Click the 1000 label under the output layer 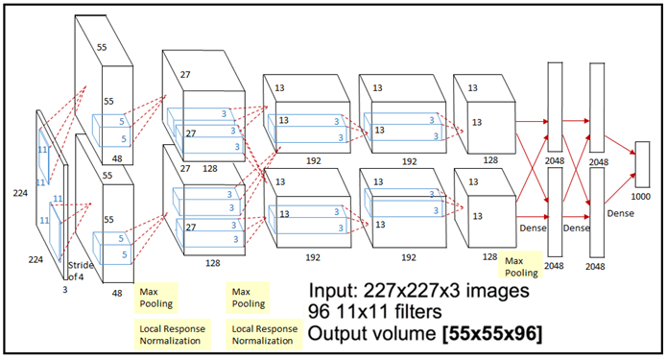point(641,197)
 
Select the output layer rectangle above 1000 point(642,164)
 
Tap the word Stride point(81,265)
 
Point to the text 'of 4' point(76,276)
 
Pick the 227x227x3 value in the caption point(412,291)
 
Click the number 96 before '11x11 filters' point(319,312)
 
